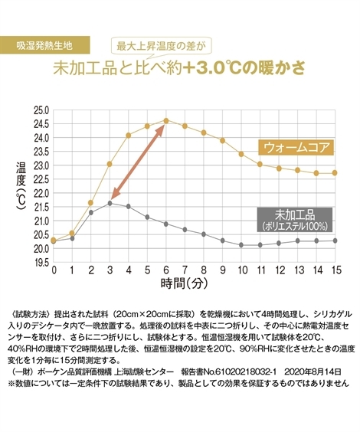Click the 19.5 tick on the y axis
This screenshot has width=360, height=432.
point(40,262)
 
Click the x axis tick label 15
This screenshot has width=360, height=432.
point(335,271)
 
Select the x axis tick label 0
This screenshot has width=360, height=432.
point(54,271)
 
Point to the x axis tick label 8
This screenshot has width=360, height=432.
point(204,271)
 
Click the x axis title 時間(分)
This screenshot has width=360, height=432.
point(182,286)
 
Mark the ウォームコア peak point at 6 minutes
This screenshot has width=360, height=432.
point(166,120)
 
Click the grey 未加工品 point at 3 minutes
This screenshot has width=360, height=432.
point(110,203)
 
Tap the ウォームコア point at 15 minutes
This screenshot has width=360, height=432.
point(335,173)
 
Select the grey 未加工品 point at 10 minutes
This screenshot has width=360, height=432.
point(241,245)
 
